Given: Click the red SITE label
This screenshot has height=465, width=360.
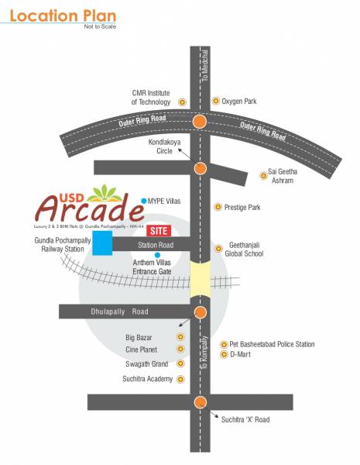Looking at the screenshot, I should (159, 231).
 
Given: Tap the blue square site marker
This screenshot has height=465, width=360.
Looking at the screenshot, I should (101, 243).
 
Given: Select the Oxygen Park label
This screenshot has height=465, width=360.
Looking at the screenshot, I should (239, 102).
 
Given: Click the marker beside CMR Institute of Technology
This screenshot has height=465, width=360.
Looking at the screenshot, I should (183, 102).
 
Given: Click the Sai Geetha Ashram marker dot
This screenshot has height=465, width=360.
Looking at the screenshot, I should (262, 176).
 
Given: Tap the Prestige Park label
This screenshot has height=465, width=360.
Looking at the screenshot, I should (242, 208).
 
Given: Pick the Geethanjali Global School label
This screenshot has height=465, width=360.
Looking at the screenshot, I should (245, 248).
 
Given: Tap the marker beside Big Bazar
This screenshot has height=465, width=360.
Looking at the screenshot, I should (180, 337).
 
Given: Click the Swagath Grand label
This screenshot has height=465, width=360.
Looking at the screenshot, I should (147, 364).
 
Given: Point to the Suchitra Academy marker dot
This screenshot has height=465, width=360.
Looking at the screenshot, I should (180, 379).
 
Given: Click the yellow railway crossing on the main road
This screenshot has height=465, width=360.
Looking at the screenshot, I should (200, 277).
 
